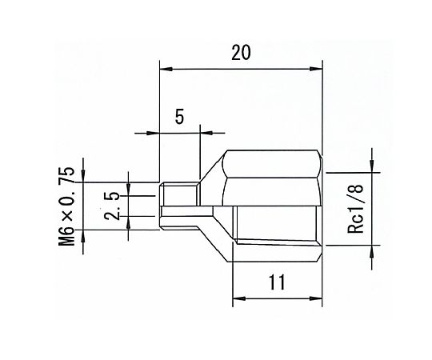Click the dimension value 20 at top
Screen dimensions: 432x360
(241, 53)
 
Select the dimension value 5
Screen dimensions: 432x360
(179, 117)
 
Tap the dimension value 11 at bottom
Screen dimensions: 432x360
(277, 282)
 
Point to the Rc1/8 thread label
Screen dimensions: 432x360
(356, 209)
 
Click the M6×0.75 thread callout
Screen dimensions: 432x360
(66, 206)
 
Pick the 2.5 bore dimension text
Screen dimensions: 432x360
(111, 206)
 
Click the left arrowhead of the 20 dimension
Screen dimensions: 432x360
(166, 69)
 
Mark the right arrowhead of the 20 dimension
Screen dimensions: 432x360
(316, 69)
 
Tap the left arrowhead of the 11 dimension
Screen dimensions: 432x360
(239, 298)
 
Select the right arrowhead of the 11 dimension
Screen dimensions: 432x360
(316, 298)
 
